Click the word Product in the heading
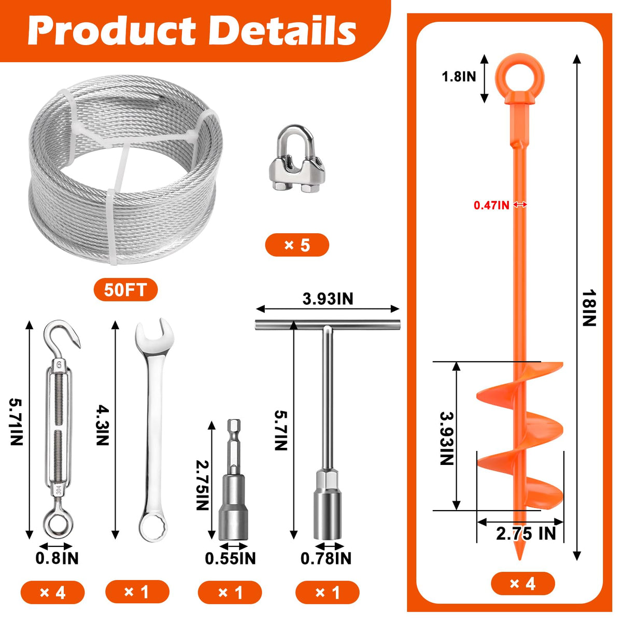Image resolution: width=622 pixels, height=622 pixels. point(111,31)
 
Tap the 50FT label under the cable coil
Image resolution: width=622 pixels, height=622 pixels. point(125,290)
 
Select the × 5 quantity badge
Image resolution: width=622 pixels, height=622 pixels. point(297,245)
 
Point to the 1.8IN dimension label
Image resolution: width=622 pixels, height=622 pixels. point(459,77)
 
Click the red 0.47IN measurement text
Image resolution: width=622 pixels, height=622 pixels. point(491,205)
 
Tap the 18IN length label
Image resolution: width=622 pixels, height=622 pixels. point(588,308)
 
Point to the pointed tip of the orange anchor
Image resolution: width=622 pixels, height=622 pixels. point(520,560)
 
